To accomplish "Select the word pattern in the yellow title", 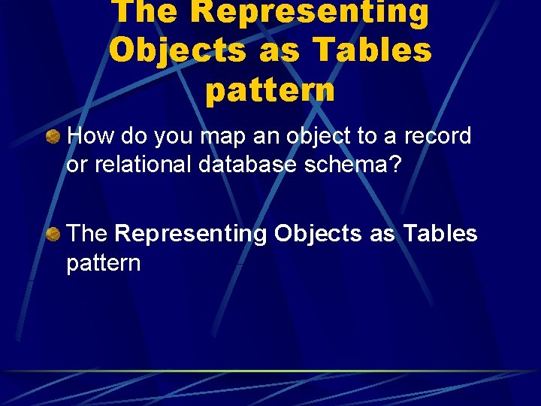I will (x=270, y=89).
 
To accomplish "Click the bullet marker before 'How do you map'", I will (x=53, y=137).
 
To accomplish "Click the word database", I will (x=247, y=165).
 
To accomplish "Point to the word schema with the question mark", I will (x=353, y=165).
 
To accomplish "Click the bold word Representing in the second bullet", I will (x=192, y=235).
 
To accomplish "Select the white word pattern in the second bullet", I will (x=104, y=263).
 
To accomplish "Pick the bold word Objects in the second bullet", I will (x=318, y=235).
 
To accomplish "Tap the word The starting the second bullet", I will (x=88, y=234).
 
